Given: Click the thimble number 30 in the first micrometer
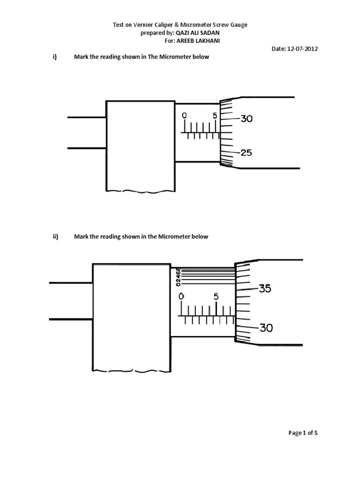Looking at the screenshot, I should pos(247,119).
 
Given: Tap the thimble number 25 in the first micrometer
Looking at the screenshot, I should pos(247,153).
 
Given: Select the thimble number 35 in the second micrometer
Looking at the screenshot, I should pos(265,289).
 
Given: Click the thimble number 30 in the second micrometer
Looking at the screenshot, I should pos(266,329).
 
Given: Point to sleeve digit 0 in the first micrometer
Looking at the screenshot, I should pos(184,116).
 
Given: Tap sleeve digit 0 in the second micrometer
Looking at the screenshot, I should pos(181,297).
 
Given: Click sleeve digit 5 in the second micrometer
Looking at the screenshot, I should pos(216,297).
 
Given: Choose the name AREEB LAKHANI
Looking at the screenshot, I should pos(198,41).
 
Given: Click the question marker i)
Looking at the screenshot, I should pos(55,57).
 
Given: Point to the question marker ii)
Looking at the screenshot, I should pos(55,237).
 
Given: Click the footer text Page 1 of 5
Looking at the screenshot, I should pos(303,433).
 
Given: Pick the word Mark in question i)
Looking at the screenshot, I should pos(81,57).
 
